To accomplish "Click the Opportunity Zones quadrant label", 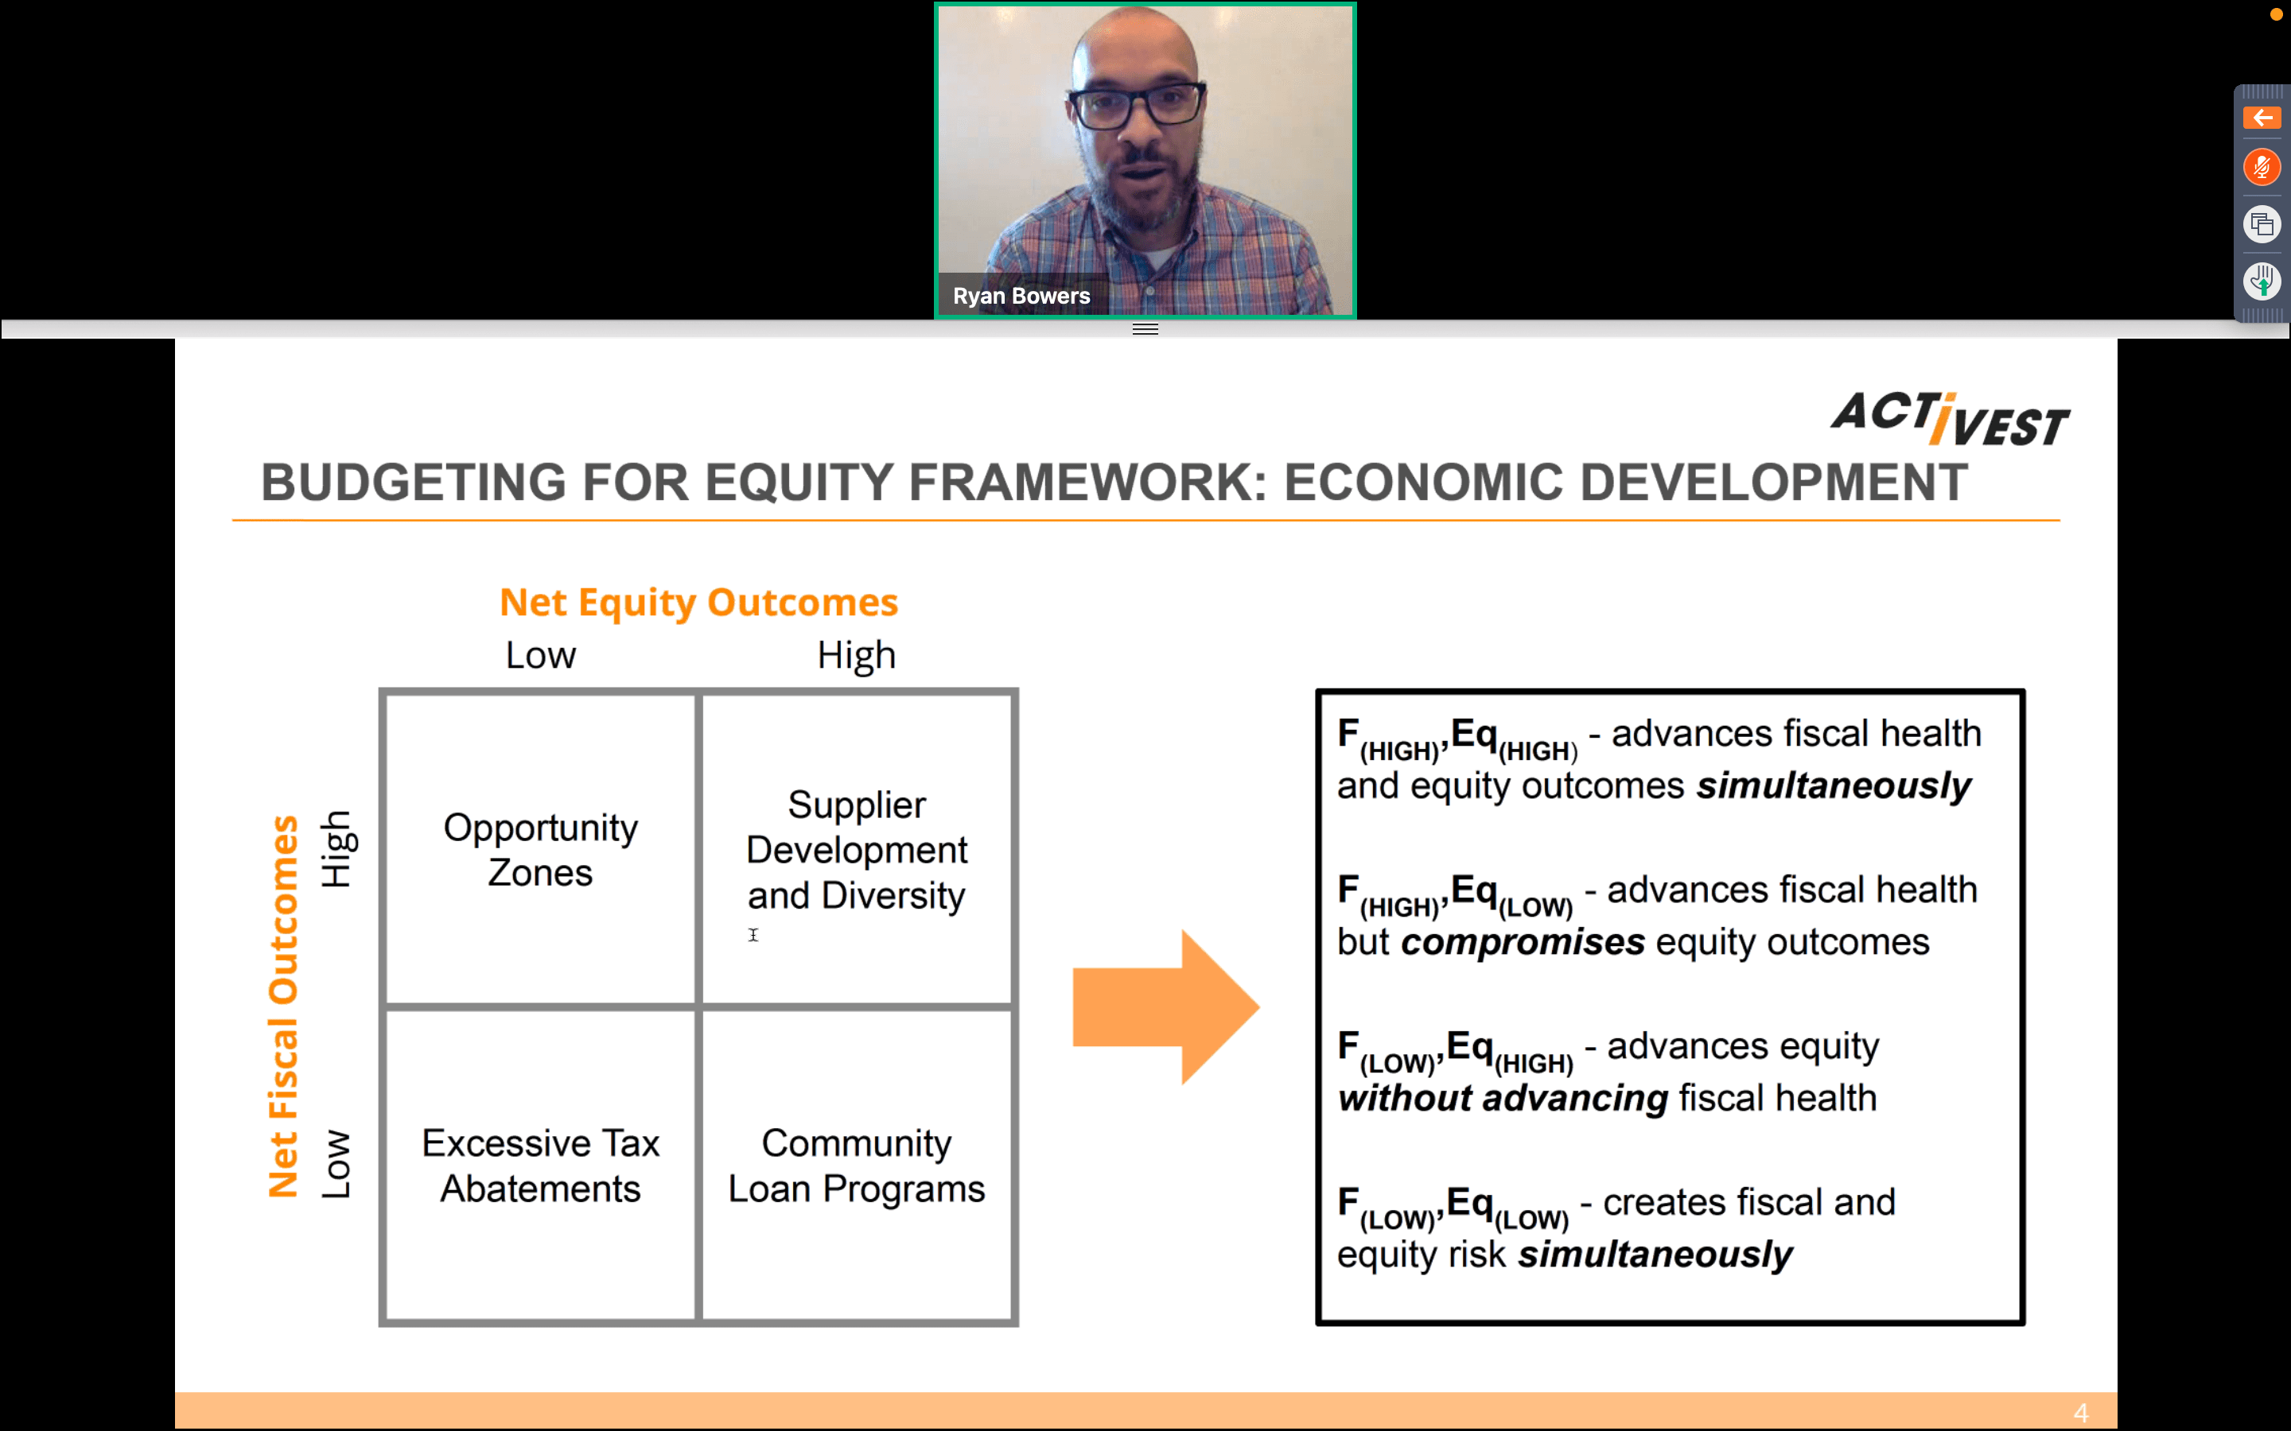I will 541,849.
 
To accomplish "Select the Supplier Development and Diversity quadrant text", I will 856,849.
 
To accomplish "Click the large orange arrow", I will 1165,1007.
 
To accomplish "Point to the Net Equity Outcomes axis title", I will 698,602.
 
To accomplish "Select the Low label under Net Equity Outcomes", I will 541,655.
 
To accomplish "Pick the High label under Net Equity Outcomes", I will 856,655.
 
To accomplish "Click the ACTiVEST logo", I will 1951,419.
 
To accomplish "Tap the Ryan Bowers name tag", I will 1021,297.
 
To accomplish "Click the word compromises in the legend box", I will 1523,943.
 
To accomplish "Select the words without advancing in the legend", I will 1503,1099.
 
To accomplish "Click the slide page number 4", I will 2081,1412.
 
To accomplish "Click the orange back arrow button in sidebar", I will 2262,118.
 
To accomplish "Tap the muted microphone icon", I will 2262,169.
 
